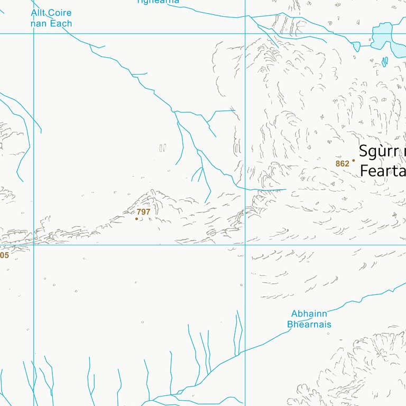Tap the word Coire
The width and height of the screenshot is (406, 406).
tap(60, 13)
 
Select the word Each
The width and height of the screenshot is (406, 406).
tap(61, 24)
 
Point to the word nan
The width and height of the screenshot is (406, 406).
tap(40, 24)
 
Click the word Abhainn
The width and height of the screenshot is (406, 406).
tap(309, 314)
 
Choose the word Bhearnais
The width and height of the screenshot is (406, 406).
tap(309, 325)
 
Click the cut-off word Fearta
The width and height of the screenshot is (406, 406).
tap(382, 171)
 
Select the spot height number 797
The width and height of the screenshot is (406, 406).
tap(143, 212)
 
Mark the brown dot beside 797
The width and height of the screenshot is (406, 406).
tap(136, 219)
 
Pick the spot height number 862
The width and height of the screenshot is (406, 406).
tap(342, 164)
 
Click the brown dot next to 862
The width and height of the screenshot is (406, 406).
tap(354, 160)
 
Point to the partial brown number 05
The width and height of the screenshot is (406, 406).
tap(4, 255)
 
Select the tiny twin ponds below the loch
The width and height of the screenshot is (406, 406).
tap(385, 62)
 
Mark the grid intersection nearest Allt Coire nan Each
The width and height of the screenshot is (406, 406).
tap(34, 34)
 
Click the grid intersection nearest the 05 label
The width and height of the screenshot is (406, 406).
tap(34, 245)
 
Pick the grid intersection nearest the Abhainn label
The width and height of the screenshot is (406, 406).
tap(245, 245)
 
